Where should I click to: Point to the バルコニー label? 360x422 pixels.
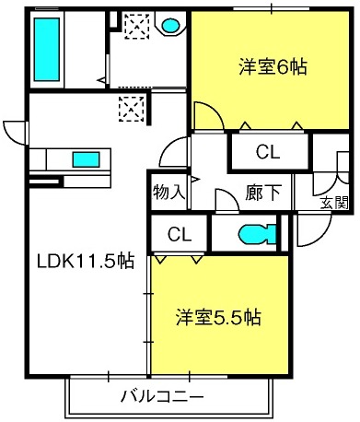pyautogui.click(x=164, y=397)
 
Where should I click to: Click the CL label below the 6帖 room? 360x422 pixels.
pyautogui.click(x=267, y=150)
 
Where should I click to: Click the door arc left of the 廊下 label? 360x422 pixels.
pyautogui.click(x=224, y=198)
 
